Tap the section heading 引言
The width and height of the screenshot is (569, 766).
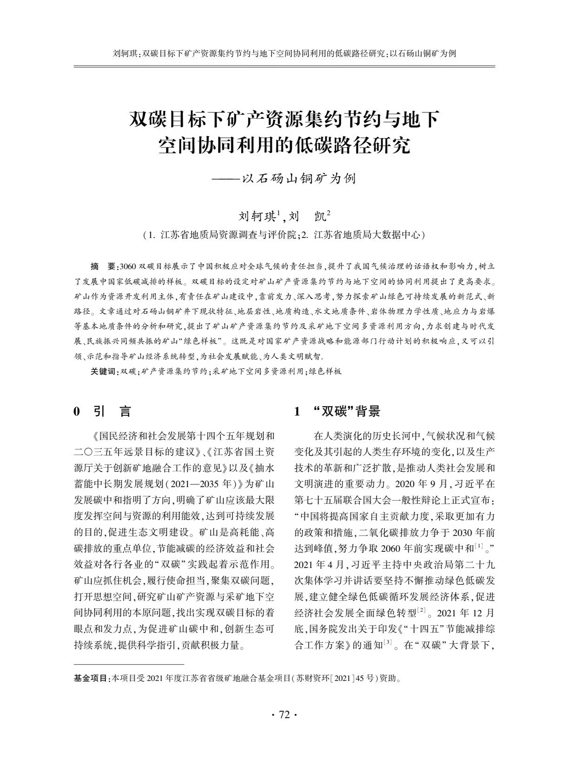pyautogui.click(x=112, y=411)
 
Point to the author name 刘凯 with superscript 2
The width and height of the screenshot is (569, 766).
pyautogui.click(x=309, y=217)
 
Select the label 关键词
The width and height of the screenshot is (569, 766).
pyautogui.click(x=104, y=371)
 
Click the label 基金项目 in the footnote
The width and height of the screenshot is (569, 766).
pyautogui.click(x=91, y=678)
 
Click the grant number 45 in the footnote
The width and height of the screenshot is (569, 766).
pyautogui.click(x=359, y=678)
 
